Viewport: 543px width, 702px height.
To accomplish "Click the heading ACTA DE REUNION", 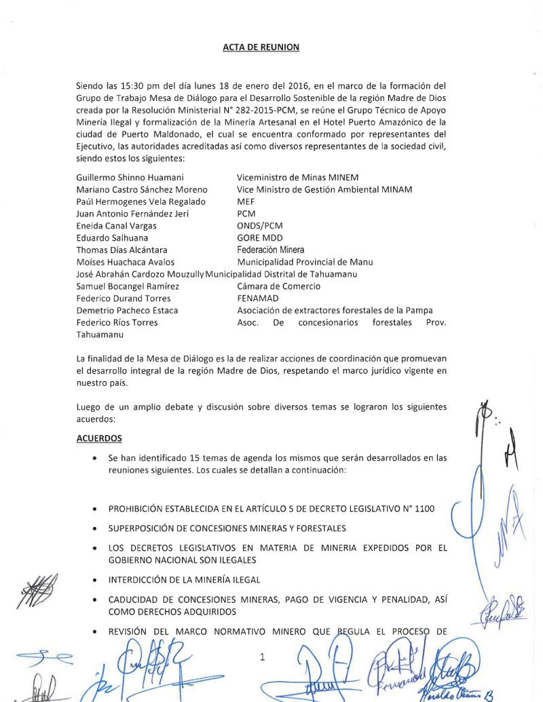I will pyautogui.click(x=261, y=47).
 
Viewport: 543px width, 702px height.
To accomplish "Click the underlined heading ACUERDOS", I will pyautogui.click(x=99, y=438).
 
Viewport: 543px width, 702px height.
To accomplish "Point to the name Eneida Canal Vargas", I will pyautogui.click(x=116, y=226).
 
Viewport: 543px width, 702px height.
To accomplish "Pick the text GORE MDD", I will pyautogui.click(x=258, y=238).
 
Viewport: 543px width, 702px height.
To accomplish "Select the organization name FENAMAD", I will pyautogui.click(x=257, y=298).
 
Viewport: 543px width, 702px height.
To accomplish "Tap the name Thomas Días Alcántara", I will pyautogui.click(x=122, y=250).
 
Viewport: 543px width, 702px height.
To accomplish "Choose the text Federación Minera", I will pyautogui.click(x=271, y=250).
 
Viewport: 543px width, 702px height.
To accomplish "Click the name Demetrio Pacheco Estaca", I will pyautogui.click(x=127, y=311).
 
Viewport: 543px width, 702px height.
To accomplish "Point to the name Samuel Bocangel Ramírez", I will pyautogui.click(x=127, y=286).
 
